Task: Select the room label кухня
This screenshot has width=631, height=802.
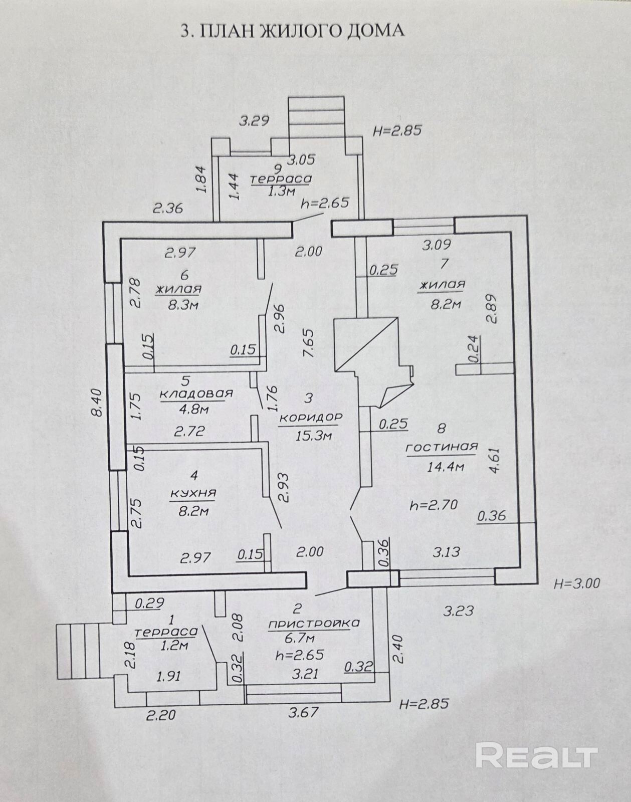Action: (193, 493)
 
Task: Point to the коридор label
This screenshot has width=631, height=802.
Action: (310, 418)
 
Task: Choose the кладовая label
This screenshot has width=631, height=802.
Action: (196, 393)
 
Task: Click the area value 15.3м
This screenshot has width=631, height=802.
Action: (313, 436)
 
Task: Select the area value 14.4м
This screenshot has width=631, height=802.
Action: (445, 467)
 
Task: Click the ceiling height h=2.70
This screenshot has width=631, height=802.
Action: (433, 505)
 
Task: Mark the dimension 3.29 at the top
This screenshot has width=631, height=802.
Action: (254, 121)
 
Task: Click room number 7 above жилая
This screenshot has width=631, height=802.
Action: (444, 264)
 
